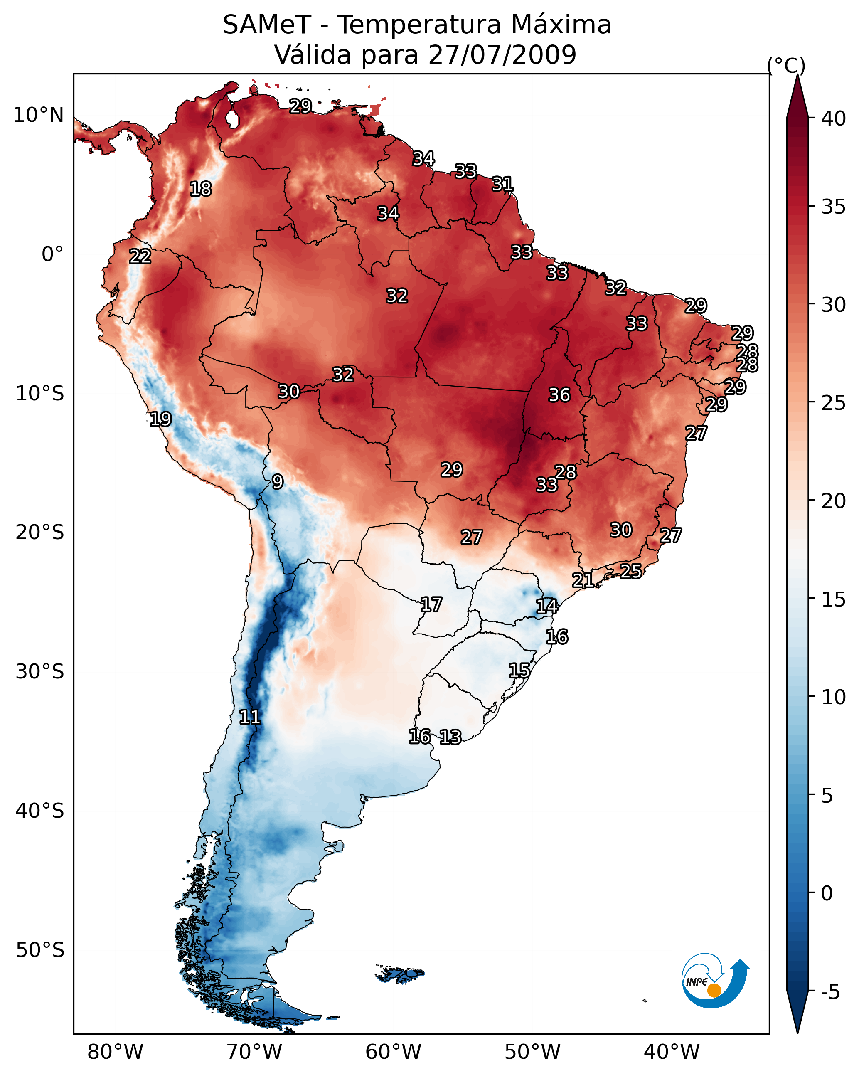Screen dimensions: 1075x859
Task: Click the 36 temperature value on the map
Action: (x=559, y=395)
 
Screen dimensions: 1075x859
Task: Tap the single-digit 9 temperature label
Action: (x=278, y=482)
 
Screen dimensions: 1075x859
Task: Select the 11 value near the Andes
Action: (x=250, y=717)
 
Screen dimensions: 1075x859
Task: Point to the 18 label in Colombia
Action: (x=200, y=189)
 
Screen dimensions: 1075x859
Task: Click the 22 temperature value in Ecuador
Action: (x=140, y=256)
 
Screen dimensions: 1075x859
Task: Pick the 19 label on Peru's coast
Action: (x=160, y=419)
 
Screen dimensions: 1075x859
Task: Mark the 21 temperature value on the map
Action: (x=583, y=580)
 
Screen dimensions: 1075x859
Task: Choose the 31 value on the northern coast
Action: (x=502, y=184)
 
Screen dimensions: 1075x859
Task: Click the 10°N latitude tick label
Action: (x=38, y=115)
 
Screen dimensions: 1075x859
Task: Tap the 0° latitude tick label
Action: (x=52, y=254)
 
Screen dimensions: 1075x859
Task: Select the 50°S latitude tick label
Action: (x=40, y=950)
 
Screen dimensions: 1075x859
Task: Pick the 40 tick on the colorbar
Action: (x=834, y=118)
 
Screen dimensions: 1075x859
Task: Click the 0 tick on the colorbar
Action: (x=827, y=893)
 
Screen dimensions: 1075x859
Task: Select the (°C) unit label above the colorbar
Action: (x=786, y=65)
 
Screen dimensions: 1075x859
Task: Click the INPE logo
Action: (x=714, y=981)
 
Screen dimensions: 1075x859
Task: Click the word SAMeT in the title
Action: (x=267, y=25)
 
